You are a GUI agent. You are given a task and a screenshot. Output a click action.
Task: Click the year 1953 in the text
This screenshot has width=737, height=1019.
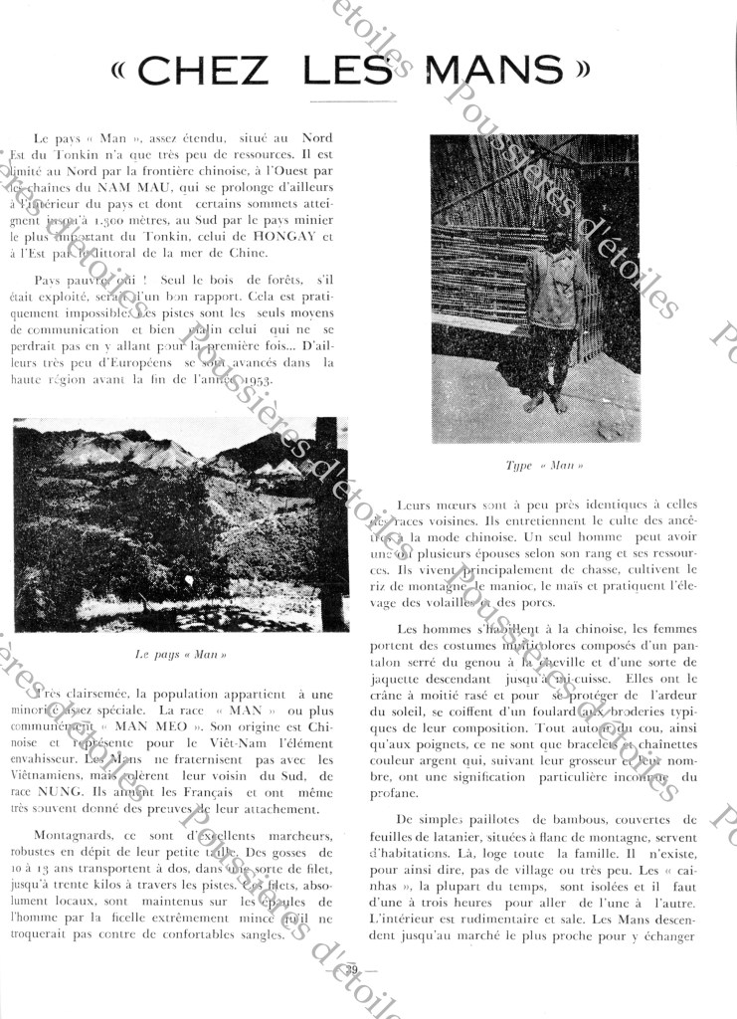(x=249, y=381)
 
